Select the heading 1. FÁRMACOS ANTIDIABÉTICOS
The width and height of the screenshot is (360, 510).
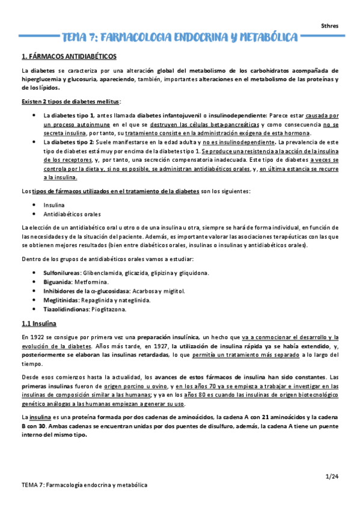[x=69, y=57]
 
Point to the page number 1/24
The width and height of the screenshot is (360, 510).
[x=332, y=476]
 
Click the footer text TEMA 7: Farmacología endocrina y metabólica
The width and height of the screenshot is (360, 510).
[x=84, y=485]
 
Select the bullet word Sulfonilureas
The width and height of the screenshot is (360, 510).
[x=63, y=272]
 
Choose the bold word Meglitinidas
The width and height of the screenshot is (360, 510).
[x=61, y=300]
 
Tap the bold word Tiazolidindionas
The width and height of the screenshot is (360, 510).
[x=67, y=309]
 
